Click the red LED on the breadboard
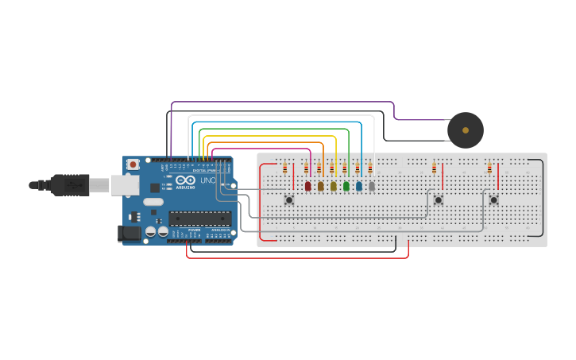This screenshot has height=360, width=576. click(x=308, y=186)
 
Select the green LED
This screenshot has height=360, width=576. click(x=346, y=186)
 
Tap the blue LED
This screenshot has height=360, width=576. click(x=358, y=186)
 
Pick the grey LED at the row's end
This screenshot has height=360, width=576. click(x=371, y=186)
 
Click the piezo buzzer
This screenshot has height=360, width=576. click(x=465, y=130)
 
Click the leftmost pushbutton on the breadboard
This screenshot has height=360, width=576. click(x=289, y=199)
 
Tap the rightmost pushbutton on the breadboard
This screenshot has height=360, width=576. click(x=493, y=199)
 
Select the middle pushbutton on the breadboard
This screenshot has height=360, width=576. click(x=438, y=199)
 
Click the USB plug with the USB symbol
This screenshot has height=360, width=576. click(x=72, y=184)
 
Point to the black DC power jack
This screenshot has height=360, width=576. click(x=128, y=233)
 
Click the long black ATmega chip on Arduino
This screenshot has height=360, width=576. click(x=199, y=219)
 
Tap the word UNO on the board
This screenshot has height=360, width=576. click(x=207, y=181)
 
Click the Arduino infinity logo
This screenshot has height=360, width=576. click(x=186, y=181)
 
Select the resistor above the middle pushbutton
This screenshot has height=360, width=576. click(x=434, y=168)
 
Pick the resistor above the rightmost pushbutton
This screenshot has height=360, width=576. click(x=489, y=168)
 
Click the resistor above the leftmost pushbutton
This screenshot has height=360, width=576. click(x=284, y=168)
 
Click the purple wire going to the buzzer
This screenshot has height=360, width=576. click(x=286, y=102)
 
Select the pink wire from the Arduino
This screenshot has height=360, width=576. click(x=262, y=149)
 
